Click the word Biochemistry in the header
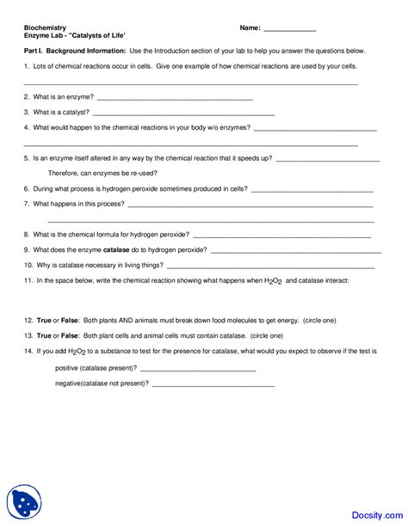[x=45, y=28]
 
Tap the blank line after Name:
[x=289, y=30]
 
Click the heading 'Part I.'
[x=35, y=52]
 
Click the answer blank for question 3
[x=182, y=114]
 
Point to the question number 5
[x=27, y=158]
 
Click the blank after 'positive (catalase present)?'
[x=198, y=370]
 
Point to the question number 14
[x=28, y=351]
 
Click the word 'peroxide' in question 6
[x=176, y=188]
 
